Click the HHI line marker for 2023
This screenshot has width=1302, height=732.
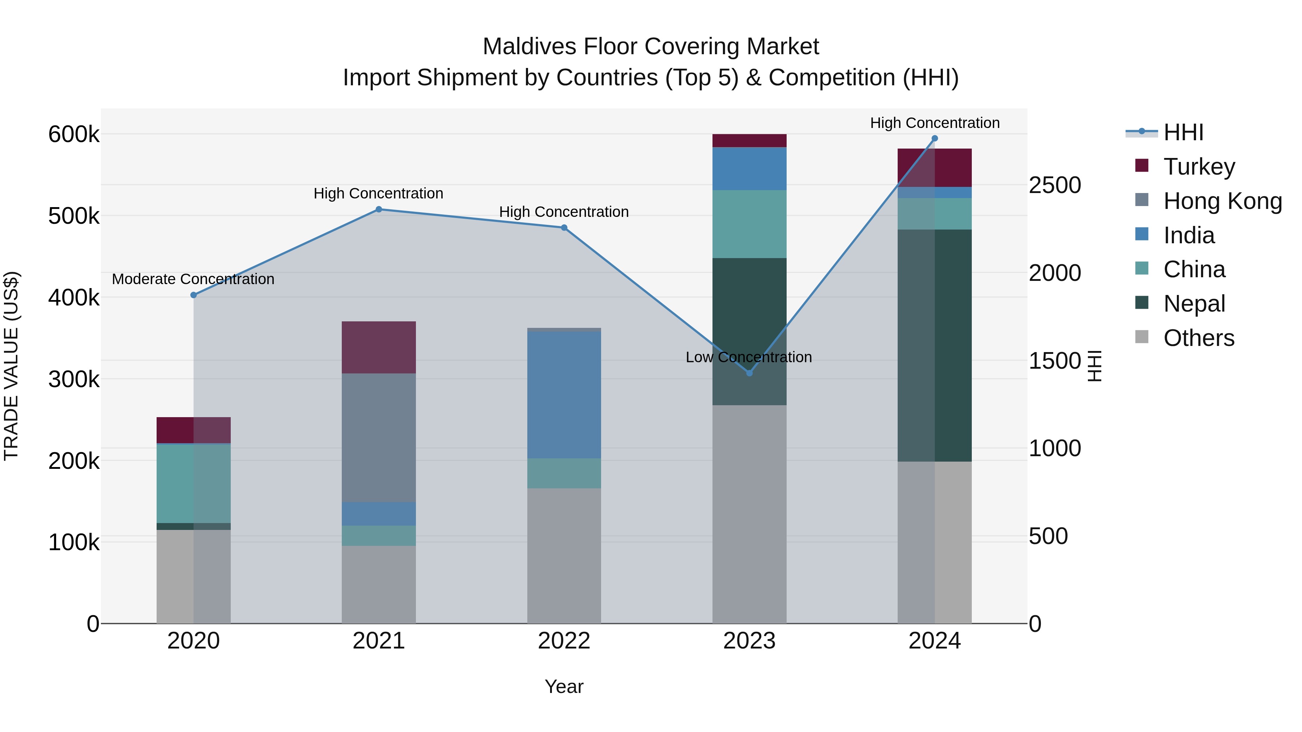click(x=749, y=373)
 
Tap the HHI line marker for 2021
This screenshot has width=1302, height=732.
click(x=379, y=209)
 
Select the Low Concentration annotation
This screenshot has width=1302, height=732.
click(x=749, y=357)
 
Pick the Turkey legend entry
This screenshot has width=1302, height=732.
click(x=1199, y=167)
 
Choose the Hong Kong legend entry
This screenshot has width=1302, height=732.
click(x=1222, y=201)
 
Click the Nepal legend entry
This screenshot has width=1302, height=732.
click(x=1194, y=304)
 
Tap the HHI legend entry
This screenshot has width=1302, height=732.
click(x=1183, y=132)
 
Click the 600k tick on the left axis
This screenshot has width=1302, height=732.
click(x=74, y=134)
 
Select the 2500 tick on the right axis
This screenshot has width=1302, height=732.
click(x=1054, y=185)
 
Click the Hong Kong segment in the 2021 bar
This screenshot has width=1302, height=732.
click(x=379, y=437)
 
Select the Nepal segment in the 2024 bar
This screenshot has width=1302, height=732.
click(x=934, y=345)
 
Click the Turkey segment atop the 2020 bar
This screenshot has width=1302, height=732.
click(x=193, y=430)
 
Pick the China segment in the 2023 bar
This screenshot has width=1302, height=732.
click(x=749, y=224)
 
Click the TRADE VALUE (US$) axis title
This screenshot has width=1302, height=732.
click(x=11, y=366)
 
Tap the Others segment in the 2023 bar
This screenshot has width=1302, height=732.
click(x=749, y=514)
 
